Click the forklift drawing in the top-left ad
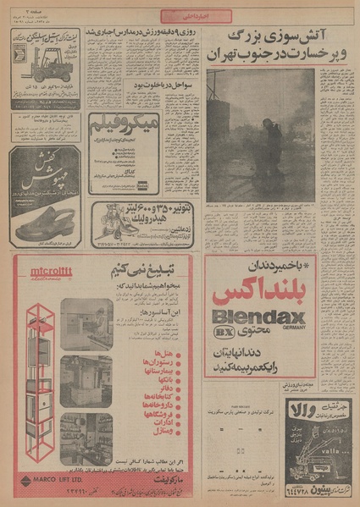[31, 62]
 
